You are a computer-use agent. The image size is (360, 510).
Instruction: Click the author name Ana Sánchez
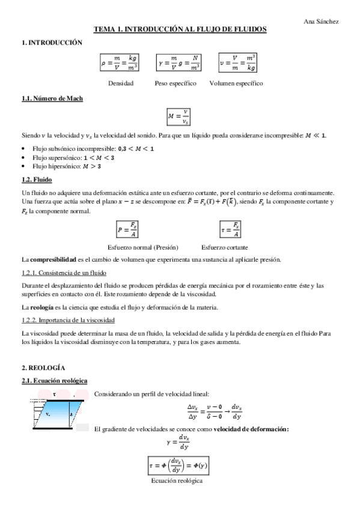point(322,21)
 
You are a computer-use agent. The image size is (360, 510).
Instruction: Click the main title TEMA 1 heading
point(180,29)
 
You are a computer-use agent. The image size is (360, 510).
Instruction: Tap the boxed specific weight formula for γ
point(178,62)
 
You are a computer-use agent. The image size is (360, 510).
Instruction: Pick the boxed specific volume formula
point(237,62)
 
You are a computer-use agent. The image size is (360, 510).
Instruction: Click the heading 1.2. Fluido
point(37,179)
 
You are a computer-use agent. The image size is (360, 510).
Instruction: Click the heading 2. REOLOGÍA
point(43,367)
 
